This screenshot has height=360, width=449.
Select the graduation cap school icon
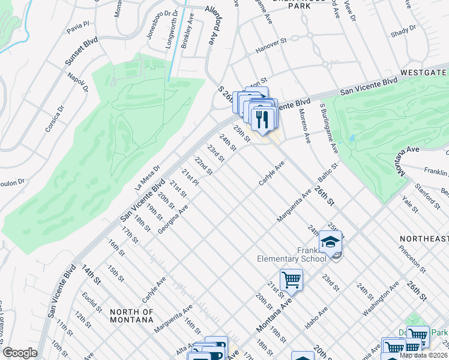pyautogui.click(x=330, y=242)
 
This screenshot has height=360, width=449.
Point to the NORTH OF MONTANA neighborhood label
pyautogui.click(x=131, y=316)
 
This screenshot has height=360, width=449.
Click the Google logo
pyautogui.click(x=20, y=353)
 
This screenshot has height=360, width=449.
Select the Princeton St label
pyautogui.click(x=414, y=261)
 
